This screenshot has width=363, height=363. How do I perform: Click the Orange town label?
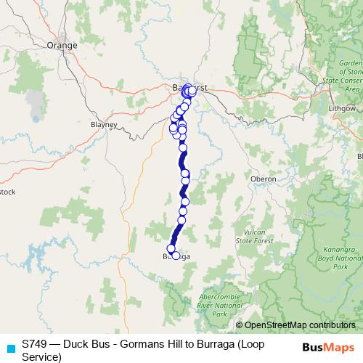pyautogui.click(x=62, y=45)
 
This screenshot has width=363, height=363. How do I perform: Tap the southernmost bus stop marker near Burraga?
pyautogui.click(x=176, y=256)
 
